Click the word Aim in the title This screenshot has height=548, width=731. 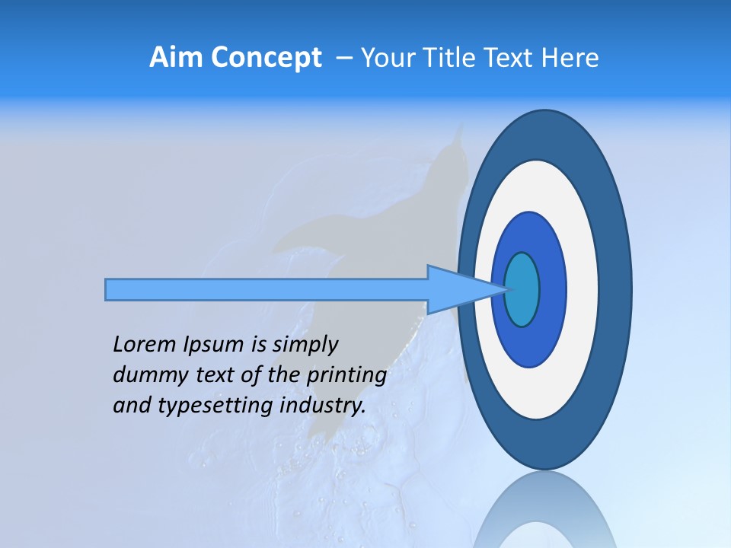(x=171, y=58)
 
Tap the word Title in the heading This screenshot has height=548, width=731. (x=461, y=58)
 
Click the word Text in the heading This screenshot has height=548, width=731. (x=516, y=58)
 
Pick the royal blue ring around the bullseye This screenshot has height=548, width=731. (x=551, y=290)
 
